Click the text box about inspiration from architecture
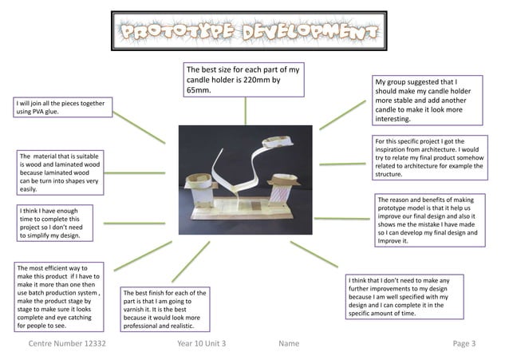pos(428,158)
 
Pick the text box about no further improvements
pos(401,297)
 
